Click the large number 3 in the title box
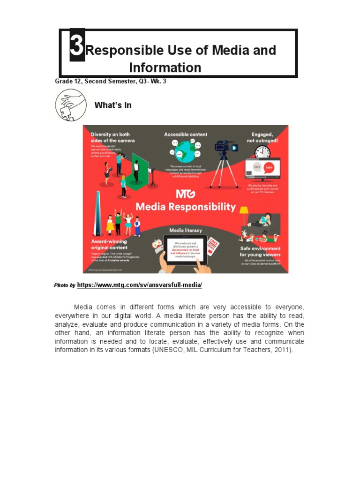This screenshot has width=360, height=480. coord(77,45)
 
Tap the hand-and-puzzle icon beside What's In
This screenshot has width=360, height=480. coord(70,105)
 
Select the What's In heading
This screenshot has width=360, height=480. coord(113,105)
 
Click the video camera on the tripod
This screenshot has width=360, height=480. coord(226,147)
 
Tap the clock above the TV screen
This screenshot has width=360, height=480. coord(262,151)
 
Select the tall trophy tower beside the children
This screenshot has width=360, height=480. coord(97,213)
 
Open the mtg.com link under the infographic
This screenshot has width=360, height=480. coord(139,285)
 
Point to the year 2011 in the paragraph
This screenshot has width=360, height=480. coord(281,350)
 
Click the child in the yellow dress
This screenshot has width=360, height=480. coord(110,225)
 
